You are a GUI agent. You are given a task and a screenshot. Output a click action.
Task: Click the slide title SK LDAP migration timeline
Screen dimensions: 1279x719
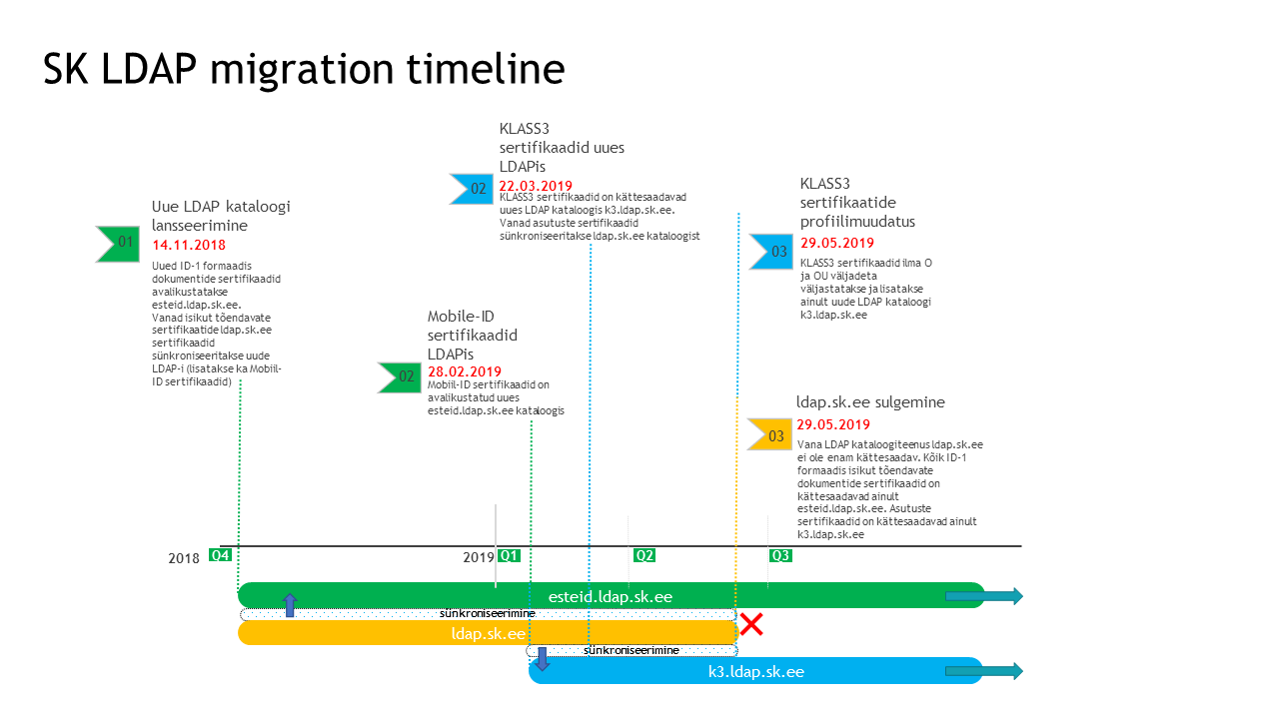pos(304,70)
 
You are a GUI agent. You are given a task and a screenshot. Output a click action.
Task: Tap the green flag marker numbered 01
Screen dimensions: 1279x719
pos(118,244)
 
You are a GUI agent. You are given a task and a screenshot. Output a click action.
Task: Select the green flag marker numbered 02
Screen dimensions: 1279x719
pos(400,377)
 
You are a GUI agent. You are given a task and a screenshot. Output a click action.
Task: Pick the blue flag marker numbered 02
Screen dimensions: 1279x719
pos(472,189)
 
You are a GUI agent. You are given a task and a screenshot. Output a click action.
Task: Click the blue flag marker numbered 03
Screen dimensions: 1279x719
pos(771,251)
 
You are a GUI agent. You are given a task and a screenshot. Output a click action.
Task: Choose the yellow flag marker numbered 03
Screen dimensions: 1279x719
pos(769,434)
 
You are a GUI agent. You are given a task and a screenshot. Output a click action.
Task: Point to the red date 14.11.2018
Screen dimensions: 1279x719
pos(189,246)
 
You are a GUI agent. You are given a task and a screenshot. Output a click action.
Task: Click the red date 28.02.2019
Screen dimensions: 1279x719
pos(465,371)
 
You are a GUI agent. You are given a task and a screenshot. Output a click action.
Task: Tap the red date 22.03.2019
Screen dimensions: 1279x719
pos(536,186)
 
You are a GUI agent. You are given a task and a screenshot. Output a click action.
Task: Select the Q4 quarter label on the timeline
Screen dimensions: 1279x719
pos(221,555)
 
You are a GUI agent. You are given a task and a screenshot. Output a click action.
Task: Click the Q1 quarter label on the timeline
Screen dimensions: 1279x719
pos(510,556)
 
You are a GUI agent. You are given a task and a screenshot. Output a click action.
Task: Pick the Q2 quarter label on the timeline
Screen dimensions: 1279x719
pos(644,556)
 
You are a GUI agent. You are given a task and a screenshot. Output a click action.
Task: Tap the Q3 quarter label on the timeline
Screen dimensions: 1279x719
pos(780,556)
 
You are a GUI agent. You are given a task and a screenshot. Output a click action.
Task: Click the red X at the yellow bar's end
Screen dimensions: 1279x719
pos(751,624)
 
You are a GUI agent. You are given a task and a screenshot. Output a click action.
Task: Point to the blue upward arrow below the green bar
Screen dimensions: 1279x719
pos(290,605)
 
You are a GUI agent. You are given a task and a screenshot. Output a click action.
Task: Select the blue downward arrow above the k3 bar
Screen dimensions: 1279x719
pos(542,658)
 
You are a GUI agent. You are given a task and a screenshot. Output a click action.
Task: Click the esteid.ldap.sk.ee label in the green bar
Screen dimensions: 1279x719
pos(611,597)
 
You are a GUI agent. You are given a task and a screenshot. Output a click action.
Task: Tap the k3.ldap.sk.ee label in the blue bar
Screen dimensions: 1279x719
pos(756,672)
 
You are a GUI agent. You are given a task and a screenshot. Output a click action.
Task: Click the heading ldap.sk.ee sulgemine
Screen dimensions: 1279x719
pos(870,402)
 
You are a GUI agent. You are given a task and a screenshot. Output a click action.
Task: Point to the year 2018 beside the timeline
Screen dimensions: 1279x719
pos(184,558)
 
